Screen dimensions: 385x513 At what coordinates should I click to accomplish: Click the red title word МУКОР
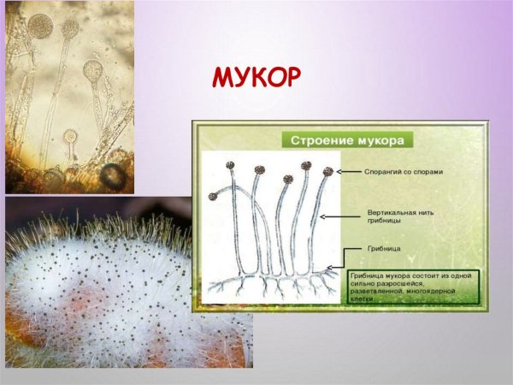[x=256, y=78]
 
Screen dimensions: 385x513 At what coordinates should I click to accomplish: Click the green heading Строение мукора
[x=347, y=139]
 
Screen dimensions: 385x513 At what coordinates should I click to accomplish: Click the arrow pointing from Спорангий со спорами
[x=351, y=171]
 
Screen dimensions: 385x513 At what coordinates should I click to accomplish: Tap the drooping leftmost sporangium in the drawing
[x=213, y=196]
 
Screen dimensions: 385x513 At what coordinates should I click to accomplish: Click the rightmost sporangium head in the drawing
[x=327, y=171]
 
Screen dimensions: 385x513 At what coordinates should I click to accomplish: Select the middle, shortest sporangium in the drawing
[x=288, y=180]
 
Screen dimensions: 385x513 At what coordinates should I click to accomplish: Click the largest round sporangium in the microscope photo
[x=40, y=27]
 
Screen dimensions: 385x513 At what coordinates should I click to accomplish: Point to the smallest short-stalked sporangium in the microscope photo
[x=70, y=135]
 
